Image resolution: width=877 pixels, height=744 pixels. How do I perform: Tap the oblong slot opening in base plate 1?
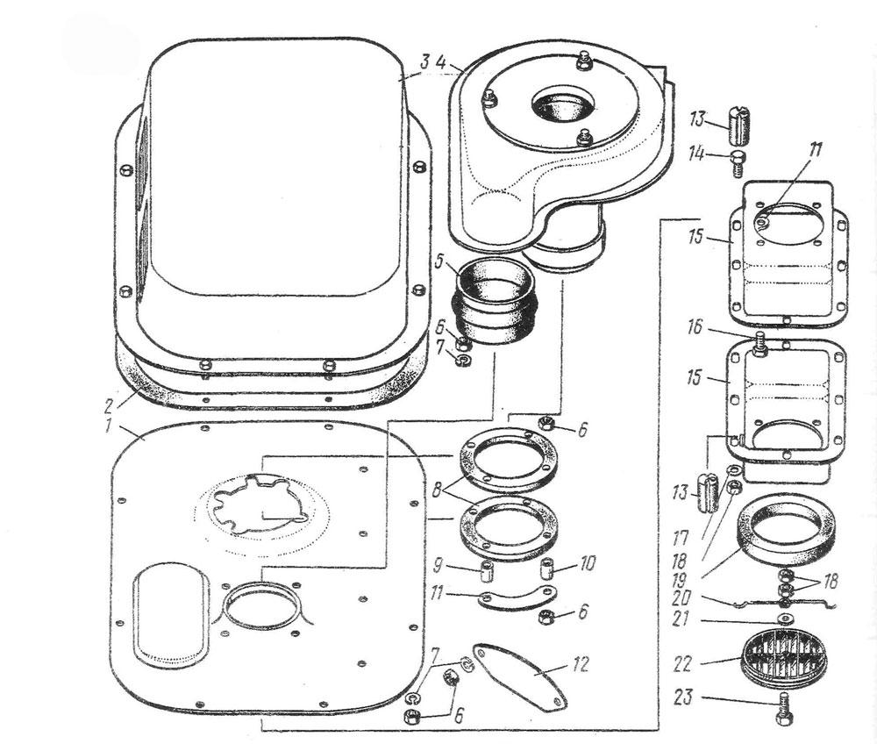point(168,612)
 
